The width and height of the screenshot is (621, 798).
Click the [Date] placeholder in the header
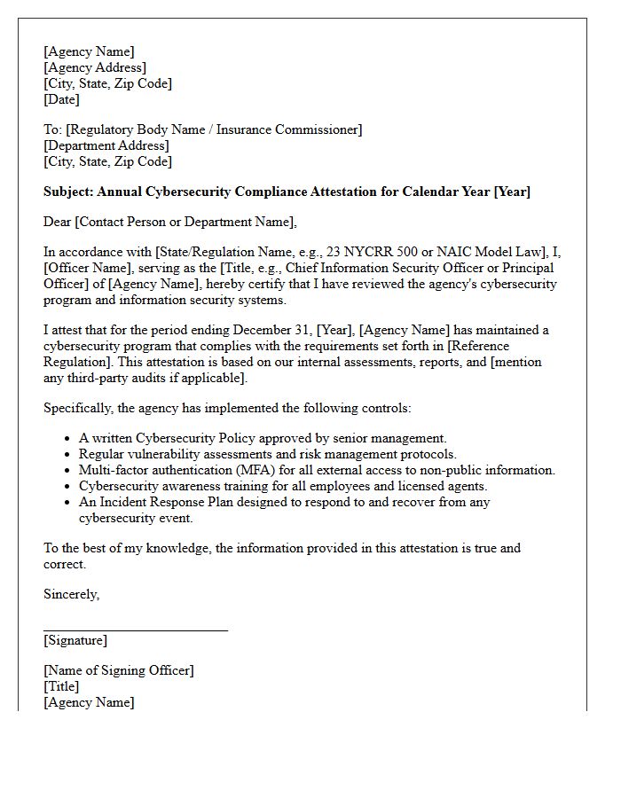pos(61,99)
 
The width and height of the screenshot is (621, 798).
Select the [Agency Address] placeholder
pos(95,67)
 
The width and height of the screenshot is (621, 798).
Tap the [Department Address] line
pos(106,145)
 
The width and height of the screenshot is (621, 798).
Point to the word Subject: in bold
pos(68,192)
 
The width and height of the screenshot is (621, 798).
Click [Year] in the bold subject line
pos(512,192)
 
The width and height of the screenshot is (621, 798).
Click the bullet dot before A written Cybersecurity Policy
pos(69,439)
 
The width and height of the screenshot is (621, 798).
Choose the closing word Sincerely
pos(71,594)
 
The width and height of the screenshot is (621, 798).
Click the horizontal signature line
pos(135,630)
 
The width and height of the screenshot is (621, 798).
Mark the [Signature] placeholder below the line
pos(75,640)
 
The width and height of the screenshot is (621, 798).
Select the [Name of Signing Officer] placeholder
pos(118,670)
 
